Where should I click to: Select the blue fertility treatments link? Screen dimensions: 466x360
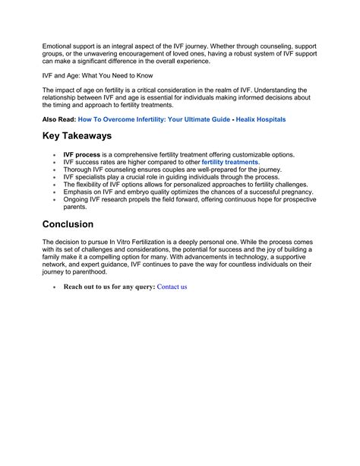[x=230, y=162]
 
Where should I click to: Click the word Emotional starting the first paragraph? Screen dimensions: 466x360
[x=58, y=46]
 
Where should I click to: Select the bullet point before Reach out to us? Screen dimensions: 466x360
[x=55, y=287]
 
